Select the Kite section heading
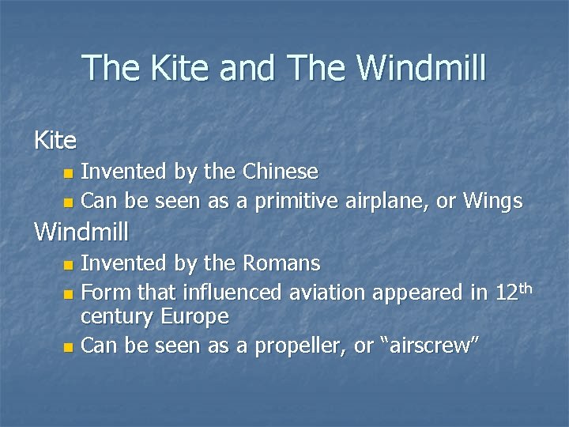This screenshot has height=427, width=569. tap(55, 141)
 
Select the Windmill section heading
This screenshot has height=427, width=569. tap(81, 232)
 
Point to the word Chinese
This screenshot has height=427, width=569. tap(281, 172)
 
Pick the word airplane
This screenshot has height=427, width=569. tap(387, 202)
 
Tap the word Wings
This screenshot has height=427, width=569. tap(492, 202)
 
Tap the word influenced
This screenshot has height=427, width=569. tap(232, 293)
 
